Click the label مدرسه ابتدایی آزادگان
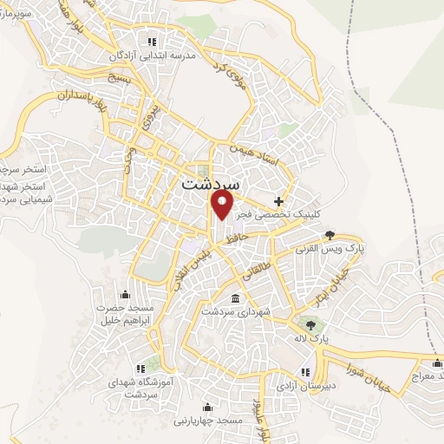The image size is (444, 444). (x=153, y=55)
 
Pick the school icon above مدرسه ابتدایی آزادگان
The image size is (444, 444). (x=153, y=42)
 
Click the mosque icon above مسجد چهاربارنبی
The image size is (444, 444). (x=206, y=407)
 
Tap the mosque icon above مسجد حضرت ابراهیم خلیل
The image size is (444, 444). (x=126, y=293)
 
